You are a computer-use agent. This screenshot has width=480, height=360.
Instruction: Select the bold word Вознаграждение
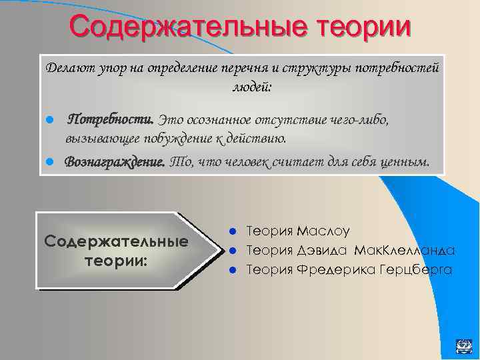tap(115, 162)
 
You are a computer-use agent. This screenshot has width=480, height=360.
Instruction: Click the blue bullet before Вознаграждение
tap(50, 163)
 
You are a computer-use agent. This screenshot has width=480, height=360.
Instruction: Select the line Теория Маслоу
tap(298, 231)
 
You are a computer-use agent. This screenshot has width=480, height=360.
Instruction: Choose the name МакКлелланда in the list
tap(405, 251)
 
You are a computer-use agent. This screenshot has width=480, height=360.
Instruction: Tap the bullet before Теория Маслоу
tap(233, 232)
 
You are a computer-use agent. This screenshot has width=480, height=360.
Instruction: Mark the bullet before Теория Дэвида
tap(233, 251)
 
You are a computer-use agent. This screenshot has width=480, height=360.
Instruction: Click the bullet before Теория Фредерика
tap(233, 271)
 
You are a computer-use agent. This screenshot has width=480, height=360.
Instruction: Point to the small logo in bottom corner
tap(463, 345)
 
